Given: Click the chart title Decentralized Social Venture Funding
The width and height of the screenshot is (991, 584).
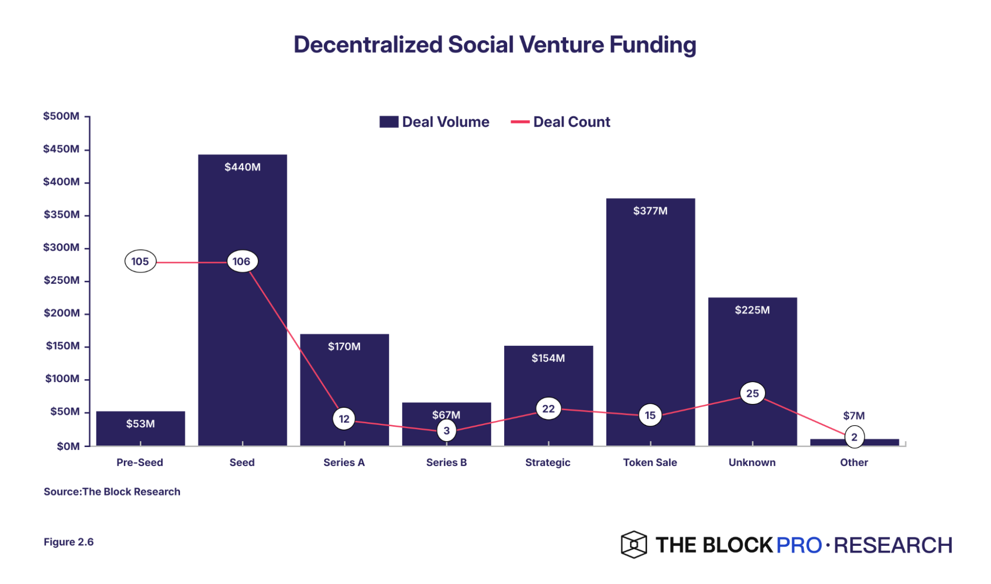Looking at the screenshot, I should click(495, 45).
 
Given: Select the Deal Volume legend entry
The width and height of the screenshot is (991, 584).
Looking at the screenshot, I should click(434, 122).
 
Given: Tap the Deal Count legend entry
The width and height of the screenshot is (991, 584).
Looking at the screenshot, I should click(561, 122).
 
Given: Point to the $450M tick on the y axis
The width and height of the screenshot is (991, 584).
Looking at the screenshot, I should click(61, 149).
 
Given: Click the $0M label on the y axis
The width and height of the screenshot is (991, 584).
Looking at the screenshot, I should click(68, 446).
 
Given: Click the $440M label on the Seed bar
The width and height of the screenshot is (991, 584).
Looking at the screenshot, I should click(242, 167).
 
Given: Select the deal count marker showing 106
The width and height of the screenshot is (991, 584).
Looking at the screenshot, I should click(242, 261).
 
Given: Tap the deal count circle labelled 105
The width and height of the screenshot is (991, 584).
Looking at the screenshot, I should click(140, 261).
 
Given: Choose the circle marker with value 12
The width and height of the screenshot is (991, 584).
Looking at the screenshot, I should click(344, 419).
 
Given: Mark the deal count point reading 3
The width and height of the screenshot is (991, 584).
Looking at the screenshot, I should click(447, 431).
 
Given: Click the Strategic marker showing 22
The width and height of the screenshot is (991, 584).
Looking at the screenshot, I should click(548, 409).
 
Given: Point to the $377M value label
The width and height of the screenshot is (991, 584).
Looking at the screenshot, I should click(650, 211).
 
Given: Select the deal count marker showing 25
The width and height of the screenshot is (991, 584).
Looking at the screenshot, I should click(753, 393).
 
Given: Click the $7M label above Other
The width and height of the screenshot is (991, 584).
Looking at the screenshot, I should click(854, 416).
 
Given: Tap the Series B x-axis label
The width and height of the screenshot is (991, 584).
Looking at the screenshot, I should click(447, 462).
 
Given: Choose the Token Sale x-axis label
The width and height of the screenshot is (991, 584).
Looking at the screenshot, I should click(650, 462).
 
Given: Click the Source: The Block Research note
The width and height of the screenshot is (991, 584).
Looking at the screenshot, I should click(112, 492).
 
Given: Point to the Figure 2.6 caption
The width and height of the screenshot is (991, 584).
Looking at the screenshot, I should click(69, 542).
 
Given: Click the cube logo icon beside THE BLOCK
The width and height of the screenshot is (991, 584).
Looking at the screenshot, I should click(634, 545).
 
